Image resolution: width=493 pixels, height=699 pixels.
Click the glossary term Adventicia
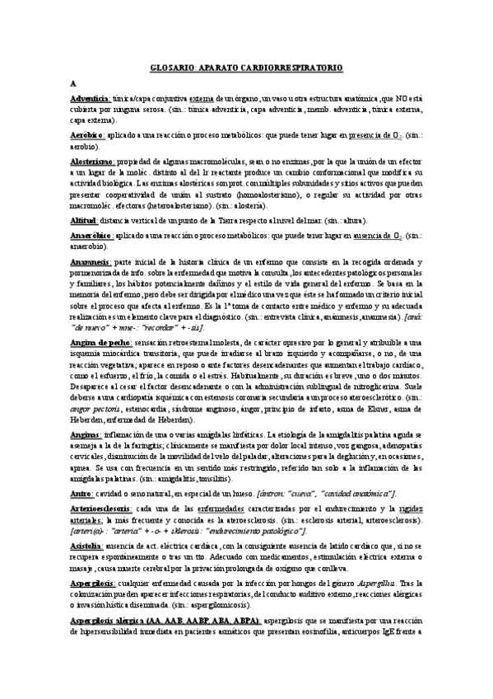coord(91,98)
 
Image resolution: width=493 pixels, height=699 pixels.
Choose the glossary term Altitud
coord(84,221)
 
